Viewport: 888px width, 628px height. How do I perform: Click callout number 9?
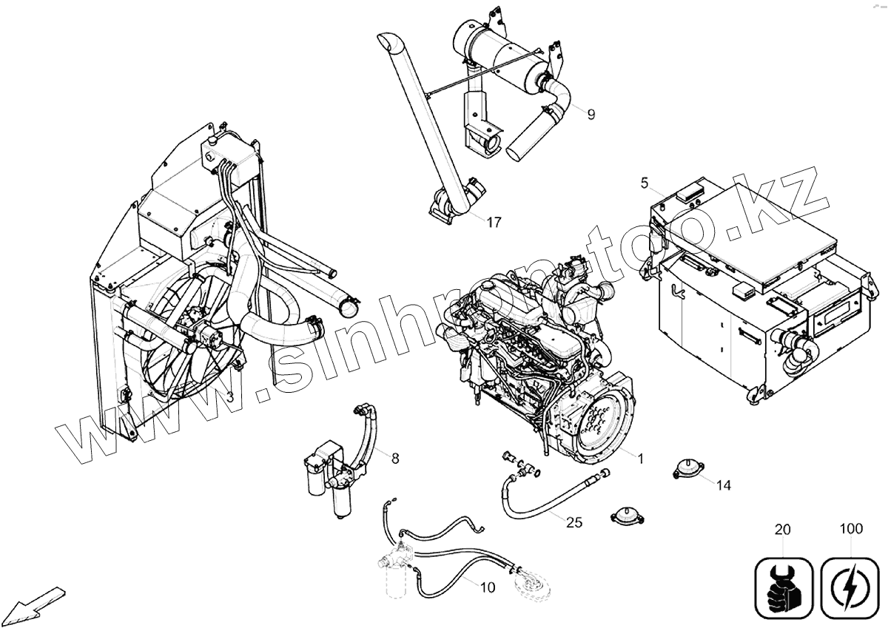click(591, 114)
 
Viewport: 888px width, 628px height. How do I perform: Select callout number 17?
click(494, 222)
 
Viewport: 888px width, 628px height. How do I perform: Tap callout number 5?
click(644, 182)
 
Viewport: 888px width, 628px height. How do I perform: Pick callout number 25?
click(574, 522)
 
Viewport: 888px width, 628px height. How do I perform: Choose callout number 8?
click(395, 459)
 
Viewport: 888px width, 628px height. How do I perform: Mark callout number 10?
click(487, 588)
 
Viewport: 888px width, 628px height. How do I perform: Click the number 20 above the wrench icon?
click(783, 530)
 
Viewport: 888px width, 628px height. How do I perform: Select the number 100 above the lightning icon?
click(851, 530)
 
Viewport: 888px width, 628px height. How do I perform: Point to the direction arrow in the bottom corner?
click(37, 599)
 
